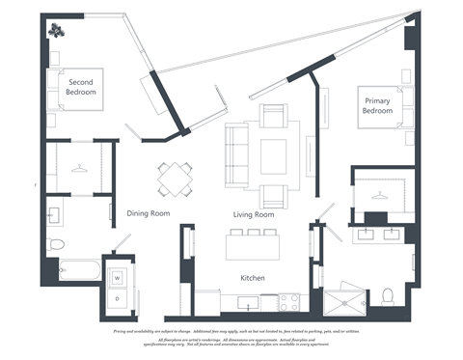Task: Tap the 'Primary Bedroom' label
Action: (377, 105)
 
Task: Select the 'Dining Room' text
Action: (148, 213)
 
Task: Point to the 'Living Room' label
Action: (255, 214)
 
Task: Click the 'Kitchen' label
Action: (253, 278)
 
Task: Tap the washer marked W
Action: (118, 278)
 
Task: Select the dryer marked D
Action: (118, 299)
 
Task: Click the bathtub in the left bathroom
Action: (75, 269)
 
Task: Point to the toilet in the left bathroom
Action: (55, 243)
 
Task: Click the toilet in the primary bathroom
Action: (388, 294)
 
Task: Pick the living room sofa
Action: (236, 154)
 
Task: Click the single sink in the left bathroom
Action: (55, 214)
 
